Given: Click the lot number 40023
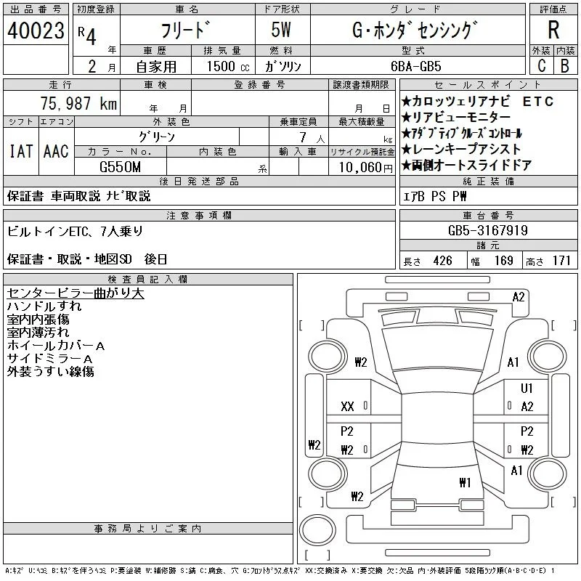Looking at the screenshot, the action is click(36, 31).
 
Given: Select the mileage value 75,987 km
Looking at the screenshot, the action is click(78, 103).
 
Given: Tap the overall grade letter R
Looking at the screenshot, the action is click(553, 30).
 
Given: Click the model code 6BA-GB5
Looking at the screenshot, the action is click(416, 66).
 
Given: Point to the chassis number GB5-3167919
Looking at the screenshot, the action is click(487, 230).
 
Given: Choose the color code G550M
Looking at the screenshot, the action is click(120, 167).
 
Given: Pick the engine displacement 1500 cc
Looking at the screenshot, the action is click(228, 66).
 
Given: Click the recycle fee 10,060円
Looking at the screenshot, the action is click(365, 168).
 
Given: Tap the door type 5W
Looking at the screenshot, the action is click(281, 30).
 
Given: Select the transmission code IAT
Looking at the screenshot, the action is click(21, 151).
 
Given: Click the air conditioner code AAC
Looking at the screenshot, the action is click(56, 151).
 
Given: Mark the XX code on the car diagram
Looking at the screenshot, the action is click(347, 407).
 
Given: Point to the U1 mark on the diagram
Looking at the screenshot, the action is click(527, 388).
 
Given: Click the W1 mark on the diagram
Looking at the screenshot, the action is click(465, 482).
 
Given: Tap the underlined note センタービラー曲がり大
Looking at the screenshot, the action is click(76, 293).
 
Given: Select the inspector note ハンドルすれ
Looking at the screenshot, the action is click(44, 306).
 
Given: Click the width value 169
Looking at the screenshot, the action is click(503, 261).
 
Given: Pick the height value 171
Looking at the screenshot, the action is click(561, 261).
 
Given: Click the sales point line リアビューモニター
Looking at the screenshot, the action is click(456, 118).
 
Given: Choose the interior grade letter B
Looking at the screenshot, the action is click(565, 66).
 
